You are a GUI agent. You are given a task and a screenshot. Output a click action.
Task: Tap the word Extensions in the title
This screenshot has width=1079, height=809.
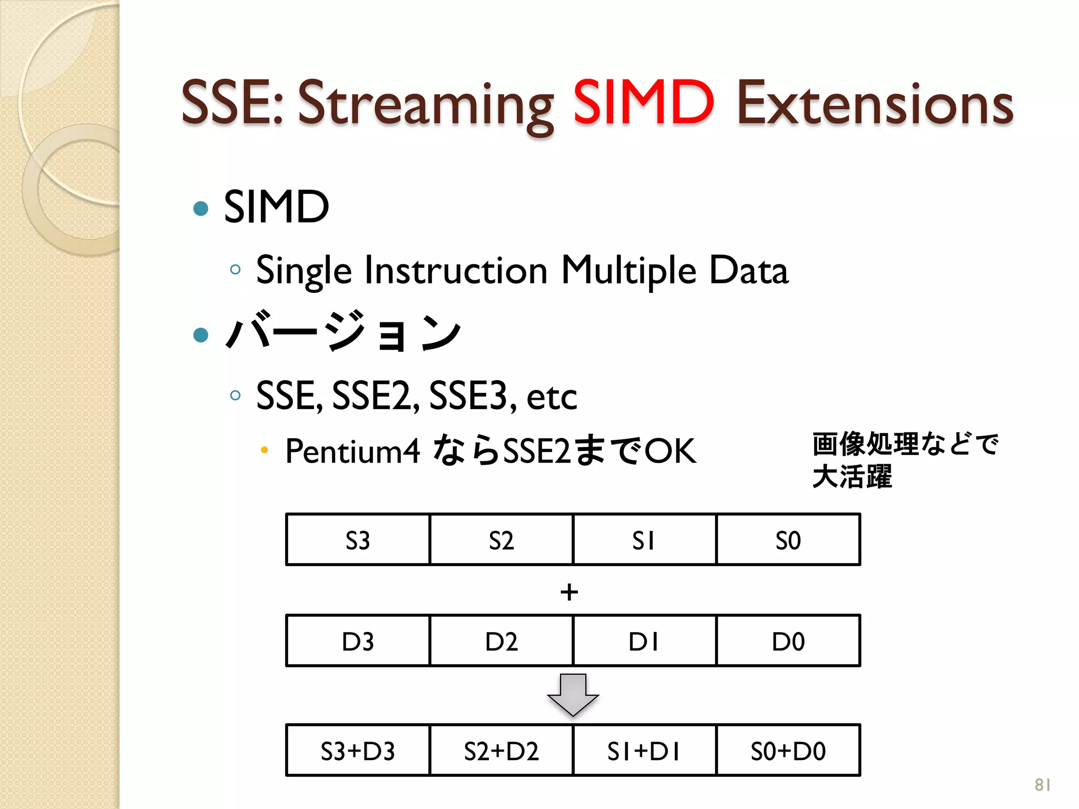[875, 104]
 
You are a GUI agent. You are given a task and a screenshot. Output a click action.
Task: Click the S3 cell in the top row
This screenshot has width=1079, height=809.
[358, 540]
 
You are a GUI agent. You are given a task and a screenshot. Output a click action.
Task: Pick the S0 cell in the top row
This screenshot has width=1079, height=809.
[788, 540]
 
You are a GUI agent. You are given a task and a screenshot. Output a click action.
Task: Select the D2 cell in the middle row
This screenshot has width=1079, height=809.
[501, 642]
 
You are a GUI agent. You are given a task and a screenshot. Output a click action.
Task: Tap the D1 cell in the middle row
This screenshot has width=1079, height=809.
[644, 642]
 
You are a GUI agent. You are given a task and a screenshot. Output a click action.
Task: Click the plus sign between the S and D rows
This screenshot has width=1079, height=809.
[569, 593]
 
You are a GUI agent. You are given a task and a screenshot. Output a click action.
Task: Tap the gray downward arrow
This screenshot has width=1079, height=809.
[573, 694]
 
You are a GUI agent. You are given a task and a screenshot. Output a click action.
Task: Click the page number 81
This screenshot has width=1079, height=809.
[1043, 785]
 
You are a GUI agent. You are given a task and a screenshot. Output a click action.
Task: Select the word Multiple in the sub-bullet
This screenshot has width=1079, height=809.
[629, 271]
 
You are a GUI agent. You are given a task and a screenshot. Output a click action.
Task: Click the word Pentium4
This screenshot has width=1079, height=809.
[352, 451]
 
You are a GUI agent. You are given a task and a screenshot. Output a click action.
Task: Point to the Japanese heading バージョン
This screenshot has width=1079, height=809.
[343, 332]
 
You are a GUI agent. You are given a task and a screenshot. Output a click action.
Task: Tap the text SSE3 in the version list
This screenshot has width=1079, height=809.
[468, 396]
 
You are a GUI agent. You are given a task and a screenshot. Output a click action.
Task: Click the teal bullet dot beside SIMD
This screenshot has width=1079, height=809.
[201, 209]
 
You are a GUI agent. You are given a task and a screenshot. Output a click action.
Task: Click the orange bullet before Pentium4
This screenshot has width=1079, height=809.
[264, 450]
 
